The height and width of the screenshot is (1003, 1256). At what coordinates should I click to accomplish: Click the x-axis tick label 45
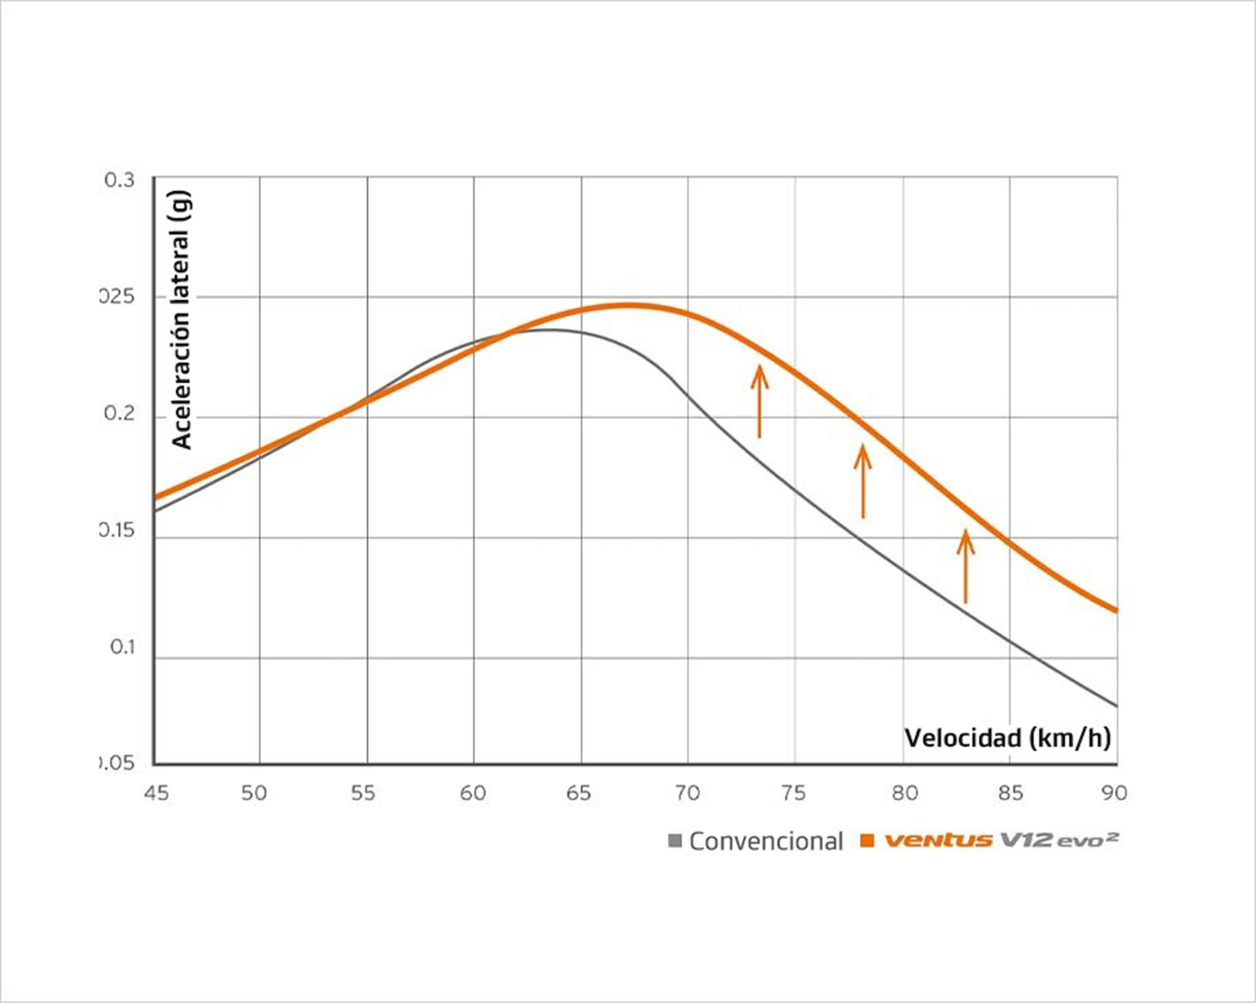(x=156, y=793)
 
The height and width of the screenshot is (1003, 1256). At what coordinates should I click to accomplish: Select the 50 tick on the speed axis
(x=254, y=793)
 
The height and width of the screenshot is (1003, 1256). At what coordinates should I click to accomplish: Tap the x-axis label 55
(x=363, y=793)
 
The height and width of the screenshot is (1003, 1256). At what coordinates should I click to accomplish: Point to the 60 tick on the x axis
(x=473, y=793)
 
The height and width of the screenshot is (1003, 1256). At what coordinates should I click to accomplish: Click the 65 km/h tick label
(x=578, y=793)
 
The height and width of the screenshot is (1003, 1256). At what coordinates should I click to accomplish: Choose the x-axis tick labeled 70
(x=687, y=793)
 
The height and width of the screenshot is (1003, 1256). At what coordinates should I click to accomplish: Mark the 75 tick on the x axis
(x=794, y=793)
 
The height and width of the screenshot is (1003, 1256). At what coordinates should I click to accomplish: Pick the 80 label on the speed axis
(x=905, y=793)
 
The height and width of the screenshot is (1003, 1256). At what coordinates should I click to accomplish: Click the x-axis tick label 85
(x=1011, y=793)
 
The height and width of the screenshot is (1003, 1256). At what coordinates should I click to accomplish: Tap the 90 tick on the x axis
(x=1114, y=793)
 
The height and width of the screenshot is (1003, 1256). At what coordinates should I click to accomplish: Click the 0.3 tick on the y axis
(x=119, y=181)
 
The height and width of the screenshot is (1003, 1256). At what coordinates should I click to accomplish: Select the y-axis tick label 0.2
(x=119, y=414)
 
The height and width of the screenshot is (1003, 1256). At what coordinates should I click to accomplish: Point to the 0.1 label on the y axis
(x=123, y=647)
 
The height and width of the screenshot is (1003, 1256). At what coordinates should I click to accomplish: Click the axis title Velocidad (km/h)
(x=1007, y=738)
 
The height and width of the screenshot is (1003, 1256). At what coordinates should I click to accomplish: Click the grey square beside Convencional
(x=675, y=841)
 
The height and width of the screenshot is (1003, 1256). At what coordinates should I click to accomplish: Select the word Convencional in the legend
(x=766, y=842)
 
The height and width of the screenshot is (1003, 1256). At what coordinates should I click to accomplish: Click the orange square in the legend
(x=867, y=841)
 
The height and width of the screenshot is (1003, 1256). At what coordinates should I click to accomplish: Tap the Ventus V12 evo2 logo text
(x=1001, y=840)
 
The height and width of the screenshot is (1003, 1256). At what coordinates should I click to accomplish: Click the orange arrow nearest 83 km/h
(x=965, y=566)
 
